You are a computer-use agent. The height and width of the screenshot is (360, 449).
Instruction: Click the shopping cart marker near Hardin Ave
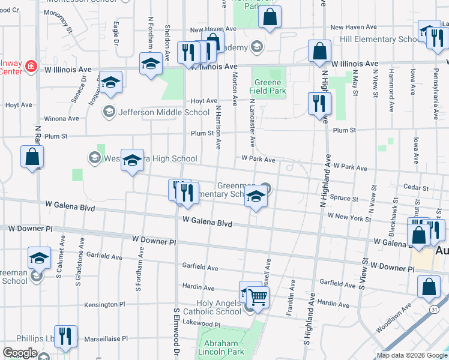[258, 297]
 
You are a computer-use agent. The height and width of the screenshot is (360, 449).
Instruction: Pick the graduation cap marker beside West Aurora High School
[133, 160]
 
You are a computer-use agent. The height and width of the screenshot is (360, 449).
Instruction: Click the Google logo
[20, 353]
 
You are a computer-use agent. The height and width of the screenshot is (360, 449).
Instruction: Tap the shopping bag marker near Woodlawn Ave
[429, 289]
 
